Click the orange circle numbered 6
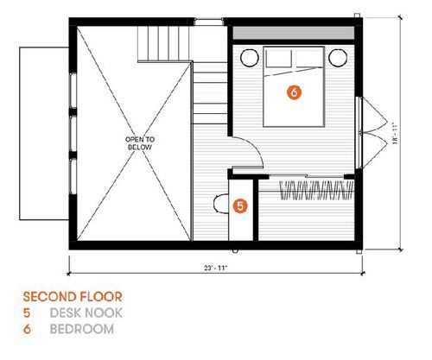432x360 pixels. (x=294, y=92)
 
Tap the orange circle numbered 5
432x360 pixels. (x=240, y=205)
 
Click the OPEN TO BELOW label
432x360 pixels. (x=140, y=143)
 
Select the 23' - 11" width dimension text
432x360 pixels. (x=216, y=268)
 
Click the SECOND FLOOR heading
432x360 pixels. (x=73, y=297)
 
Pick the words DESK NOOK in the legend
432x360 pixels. (x=86, y=313)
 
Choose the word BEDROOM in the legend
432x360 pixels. (x=82, y=329)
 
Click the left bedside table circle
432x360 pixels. (x=250, y=58)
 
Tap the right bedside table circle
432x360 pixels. (x=338, y=58)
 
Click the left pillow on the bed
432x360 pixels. (x=278, y=59)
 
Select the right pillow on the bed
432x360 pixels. (x=308, y=59)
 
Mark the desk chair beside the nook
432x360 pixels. (x=221, y=204)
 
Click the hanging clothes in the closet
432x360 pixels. (x=317, y=190)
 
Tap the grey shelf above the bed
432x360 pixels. (x=294, y=33)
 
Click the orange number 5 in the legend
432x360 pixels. (x=27, y=313)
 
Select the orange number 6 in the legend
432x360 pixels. (x=27, y=329)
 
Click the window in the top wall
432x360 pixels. (x=209, y=22)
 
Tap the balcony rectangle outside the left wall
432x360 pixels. (x=44, y=134)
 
